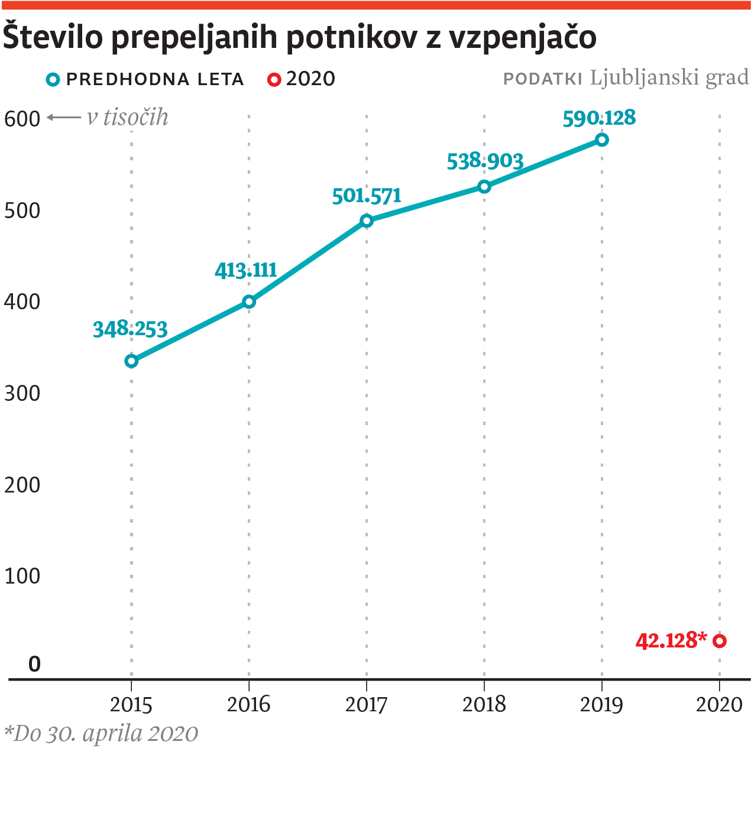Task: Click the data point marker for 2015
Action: pyautogui.click(x=131, y=361)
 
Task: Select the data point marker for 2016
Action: pyautogui.click(x=249, y=302)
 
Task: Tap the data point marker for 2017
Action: pyautogui.click(x=367, y=221)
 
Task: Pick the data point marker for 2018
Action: pyautogui.click(x=484, y=187)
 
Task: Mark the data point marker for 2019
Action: pyautogui.click(x=602, y=140)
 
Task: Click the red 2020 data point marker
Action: pyautogui.click(x=720, y=641)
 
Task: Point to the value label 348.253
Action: pyautogui.click(x=130, y=329)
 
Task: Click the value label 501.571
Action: pyautogui.click(x=367, y=196)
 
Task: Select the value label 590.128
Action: pyautogui.click(x=599, y=118)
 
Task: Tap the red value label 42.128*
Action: pyautogui.click(x=671, y=640)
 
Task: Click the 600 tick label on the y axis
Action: pyautogui.click(x=22, y=119)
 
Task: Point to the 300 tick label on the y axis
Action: pyautogui.click(x=22, y=393)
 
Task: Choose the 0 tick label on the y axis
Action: pyautogui.click(x=34, y=664)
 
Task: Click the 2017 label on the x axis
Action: pyautogui.click(x=367, y=705)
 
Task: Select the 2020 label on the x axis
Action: pyautogui.click(x=719, y=705)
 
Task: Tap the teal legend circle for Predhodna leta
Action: pyautogui.click(x=53, y=79)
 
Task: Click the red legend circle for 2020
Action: pyautogui.click(x=274, y=79)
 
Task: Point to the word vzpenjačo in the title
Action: pyautogui.click(x=522, y=37)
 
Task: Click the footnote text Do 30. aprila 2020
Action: pyautogui.click(x=102, y=734)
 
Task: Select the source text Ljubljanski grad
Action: pyautogui.click(x=669, y=77)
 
